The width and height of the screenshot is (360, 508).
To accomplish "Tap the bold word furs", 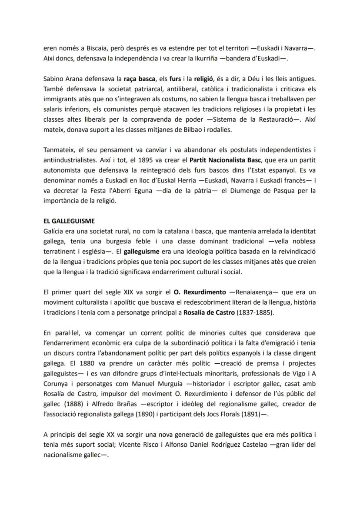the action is coord(175,80).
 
